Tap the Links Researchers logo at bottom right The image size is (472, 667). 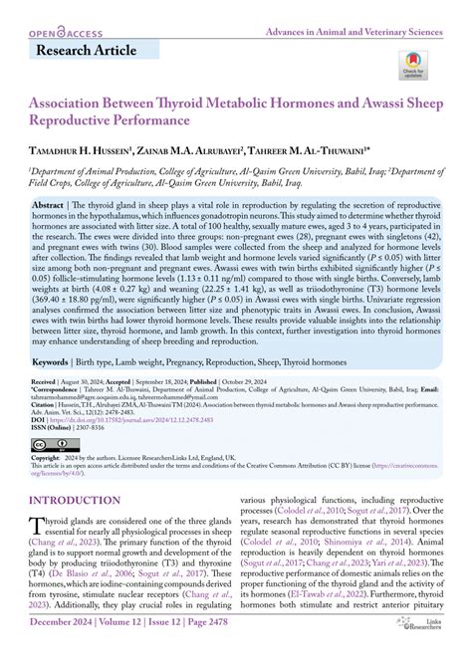click(x=426, y=648)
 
